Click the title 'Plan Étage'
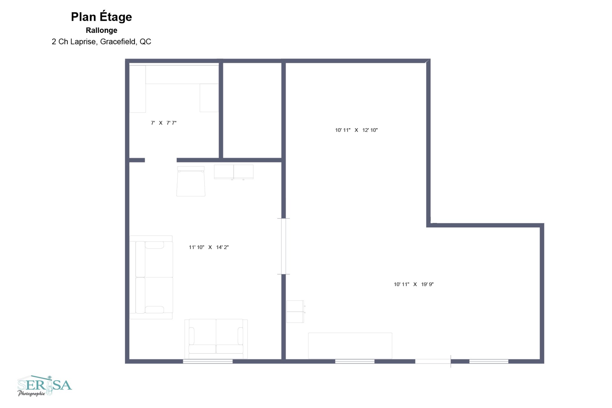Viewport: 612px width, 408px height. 101,17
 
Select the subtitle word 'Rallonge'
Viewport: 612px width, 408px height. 101,30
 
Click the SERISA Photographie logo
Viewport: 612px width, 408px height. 44,386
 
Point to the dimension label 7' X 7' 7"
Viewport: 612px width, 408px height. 164,123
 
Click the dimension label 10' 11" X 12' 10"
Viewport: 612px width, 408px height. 356,130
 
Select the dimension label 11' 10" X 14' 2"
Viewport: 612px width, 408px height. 208,247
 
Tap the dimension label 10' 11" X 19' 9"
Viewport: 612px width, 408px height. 413,284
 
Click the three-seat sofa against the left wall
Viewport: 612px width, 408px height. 151,277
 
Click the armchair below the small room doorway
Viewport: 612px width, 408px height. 191,181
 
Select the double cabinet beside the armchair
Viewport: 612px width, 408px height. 234,172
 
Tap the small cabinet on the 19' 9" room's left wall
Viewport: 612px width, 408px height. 295,312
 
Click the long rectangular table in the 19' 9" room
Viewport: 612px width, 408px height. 350,345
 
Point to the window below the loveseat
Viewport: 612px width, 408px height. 208,361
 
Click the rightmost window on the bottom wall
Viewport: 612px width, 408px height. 489,361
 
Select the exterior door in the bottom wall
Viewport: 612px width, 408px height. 433,361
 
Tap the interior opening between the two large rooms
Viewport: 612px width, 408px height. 283,246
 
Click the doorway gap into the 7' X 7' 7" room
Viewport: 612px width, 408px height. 161,160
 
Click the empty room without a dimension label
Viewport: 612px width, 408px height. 252,110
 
